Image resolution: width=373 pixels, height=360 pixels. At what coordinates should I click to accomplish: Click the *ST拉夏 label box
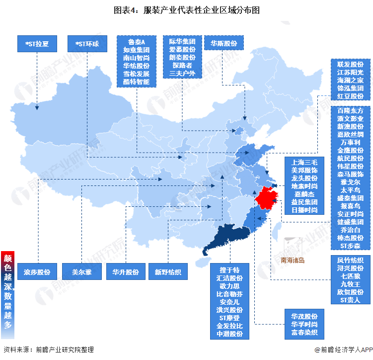pyautogui.click(x=38, y=44)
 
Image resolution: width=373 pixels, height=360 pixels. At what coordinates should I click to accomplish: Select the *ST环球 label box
pyautogui.click(x=87, y=44)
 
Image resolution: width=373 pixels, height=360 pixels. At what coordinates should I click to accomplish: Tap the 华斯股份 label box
pyautogui.click(x=224, y=43)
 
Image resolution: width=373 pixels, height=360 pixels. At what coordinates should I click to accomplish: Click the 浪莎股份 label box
pyautogui.click(x=37, y=272)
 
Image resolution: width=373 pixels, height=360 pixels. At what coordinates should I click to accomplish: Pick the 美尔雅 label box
pyautogui.click(x=81, y=272)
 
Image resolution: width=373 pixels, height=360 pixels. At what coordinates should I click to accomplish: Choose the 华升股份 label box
pyautogui.click(x=125, y=272)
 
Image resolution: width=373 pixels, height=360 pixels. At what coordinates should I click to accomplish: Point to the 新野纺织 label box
pyautogui.click(x=168, y=272)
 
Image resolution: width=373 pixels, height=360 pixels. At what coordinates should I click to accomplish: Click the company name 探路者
pyautogui.click(x=183, y=65)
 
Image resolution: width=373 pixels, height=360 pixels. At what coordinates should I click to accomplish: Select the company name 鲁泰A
pyautogui.click(x=136, y=42)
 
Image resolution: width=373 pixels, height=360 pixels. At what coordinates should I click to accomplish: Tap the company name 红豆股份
pyautogui.click(x=351, y=96)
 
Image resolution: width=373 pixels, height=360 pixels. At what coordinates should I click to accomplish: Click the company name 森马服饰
pyautogui.click(x=351, y=174)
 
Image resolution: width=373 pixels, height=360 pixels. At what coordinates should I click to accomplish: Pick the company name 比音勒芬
pyautogui.click(x=230, y=294)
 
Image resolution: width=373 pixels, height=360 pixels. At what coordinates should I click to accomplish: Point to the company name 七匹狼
pyautogui.click(x=351, y=276)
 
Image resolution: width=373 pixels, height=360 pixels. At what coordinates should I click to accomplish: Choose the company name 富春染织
pyautogui.click(x=304, y=332)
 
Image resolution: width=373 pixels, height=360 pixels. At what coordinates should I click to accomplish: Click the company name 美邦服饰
pyautogui.click(x=304, y=170)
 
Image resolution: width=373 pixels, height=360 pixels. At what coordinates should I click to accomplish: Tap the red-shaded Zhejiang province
pyautogui.click(x=268, y=199)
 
